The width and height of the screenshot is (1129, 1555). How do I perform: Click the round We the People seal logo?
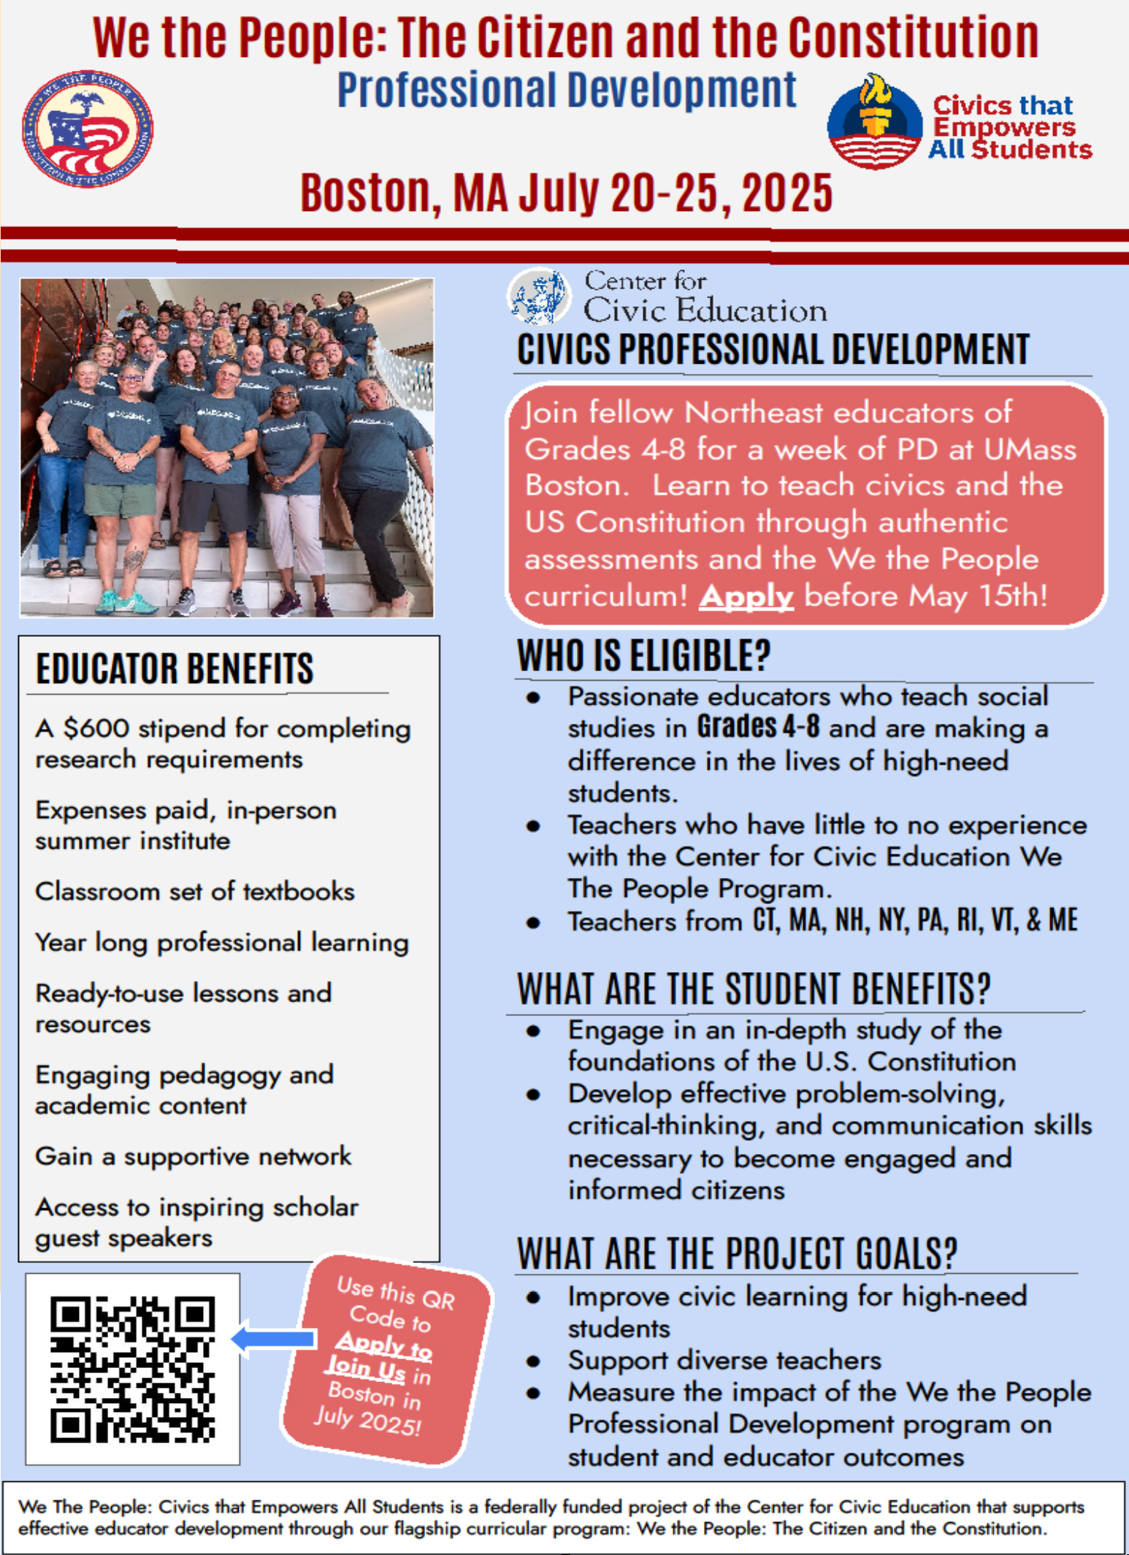point(87,129)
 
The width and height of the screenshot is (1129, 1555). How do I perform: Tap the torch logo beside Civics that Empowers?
point(874,121)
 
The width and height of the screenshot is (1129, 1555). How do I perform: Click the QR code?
point(132,1369)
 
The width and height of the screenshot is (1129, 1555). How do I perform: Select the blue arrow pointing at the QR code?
point(274,1339)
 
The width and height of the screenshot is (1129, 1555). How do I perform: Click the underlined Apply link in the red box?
point(746,597)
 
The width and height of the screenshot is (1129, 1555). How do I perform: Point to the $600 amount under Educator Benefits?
point(96,728)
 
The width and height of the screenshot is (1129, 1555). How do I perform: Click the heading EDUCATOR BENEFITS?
point(175,668)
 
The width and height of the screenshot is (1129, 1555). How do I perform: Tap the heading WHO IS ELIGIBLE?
point(643,655)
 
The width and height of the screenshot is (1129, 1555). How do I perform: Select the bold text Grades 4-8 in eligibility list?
point(757,727)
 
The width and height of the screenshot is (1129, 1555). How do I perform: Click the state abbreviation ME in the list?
point(1063,920)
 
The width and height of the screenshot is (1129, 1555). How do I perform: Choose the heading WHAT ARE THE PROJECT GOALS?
point(736,1253)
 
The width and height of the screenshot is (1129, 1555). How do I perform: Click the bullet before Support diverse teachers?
point(534,1361)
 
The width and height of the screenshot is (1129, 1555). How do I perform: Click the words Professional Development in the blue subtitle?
point(566,91)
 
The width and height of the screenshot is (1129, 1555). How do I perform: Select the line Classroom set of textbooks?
point(194,892)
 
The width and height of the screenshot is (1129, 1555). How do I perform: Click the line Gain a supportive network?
point(193,1156)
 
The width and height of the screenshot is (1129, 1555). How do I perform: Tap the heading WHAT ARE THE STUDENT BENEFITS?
point(754,989)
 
